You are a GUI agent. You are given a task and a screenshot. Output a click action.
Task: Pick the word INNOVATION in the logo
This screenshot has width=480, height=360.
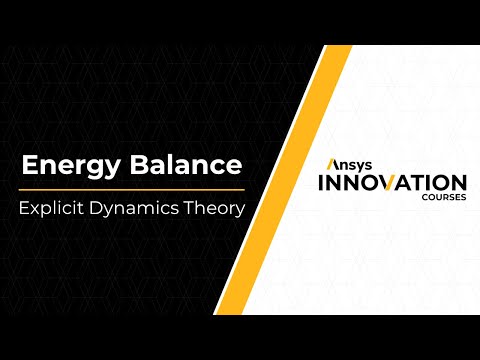coord(392,183)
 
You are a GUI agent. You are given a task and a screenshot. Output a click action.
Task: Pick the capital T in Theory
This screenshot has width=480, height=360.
coord(198,211)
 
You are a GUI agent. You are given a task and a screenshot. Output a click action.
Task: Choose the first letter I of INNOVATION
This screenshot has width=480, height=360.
coord(320,183)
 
